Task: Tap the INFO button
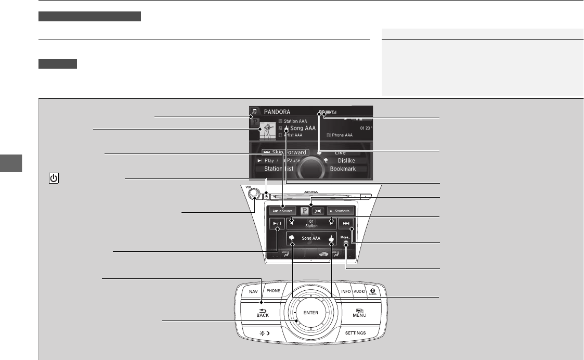tap(346, 292)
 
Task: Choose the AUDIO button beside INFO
tap(359, 292)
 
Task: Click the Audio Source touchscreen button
tap(283, 211)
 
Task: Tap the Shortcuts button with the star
tap(341, 211)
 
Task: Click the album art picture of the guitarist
tap(268, 131)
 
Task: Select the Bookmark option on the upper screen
tap(342, 169)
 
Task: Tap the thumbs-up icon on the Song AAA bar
tap(331, 239)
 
